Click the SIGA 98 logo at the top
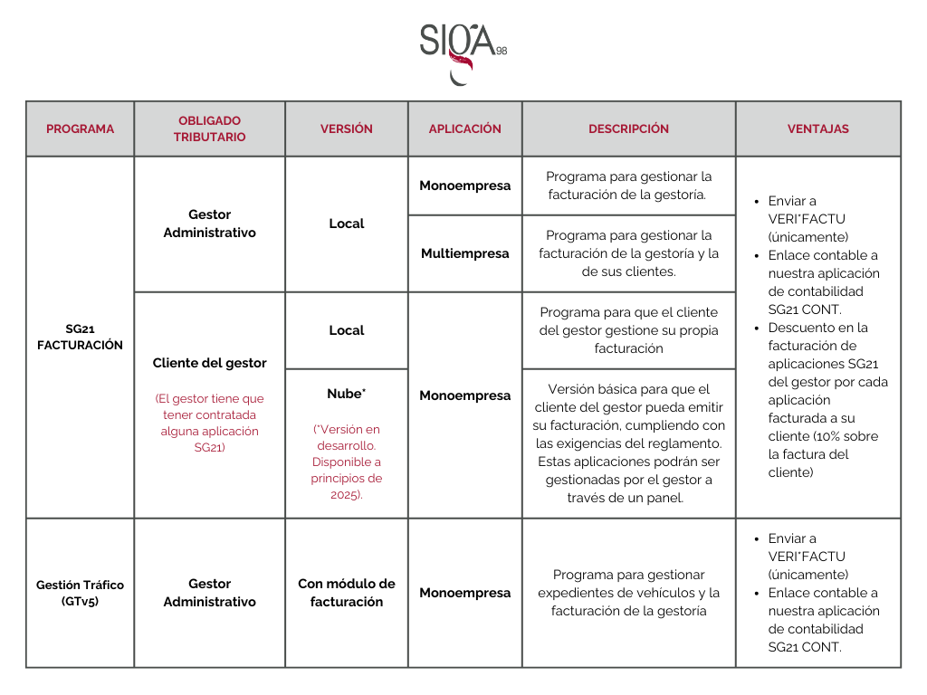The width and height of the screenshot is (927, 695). pyautogui.click(x=462, y=51)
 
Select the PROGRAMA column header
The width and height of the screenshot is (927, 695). pyautogui.click(x=81, y=129)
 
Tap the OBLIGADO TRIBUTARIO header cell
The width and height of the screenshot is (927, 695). pyautogui.click(x=209, y=129)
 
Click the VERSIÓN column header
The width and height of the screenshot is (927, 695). pyautogui.click(x=346, y=129)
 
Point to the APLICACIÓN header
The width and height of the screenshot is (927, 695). pyautogui.click(x=464, y=129)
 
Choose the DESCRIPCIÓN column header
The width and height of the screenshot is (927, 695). pyautogui.click(x=628, y=129)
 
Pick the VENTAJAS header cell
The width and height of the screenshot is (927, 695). pyautogui.click(x=817, y=129)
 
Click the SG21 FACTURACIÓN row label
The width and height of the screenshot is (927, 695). pyautogui.click(x=81, y=337)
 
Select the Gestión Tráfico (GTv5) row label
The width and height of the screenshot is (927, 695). pyautogui.click(x=81, y=593)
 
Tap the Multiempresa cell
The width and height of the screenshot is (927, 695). pyautogui.click(x=464, y=253)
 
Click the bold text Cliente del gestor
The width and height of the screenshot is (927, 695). pyautogui.click(x=209, y=363)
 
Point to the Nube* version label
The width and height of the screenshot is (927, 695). pyautogui.click(x=346, y=394)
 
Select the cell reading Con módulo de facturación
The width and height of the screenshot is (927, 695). pyautogui.click(x=346, y=593)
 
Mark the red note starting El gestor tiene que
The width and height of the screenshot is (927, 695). pyautogui.click(x=209, y=423)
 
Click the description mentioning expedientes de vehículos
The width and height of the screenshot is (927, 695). pyautogui.click(x=628, y=593)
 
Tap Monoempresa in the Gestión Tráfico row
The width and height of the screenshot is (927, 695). pyautogui.click(x=464, y=593)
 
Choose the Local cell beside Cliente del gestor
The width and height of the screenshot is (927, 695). pyautogui.click(x=346, y=330)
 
